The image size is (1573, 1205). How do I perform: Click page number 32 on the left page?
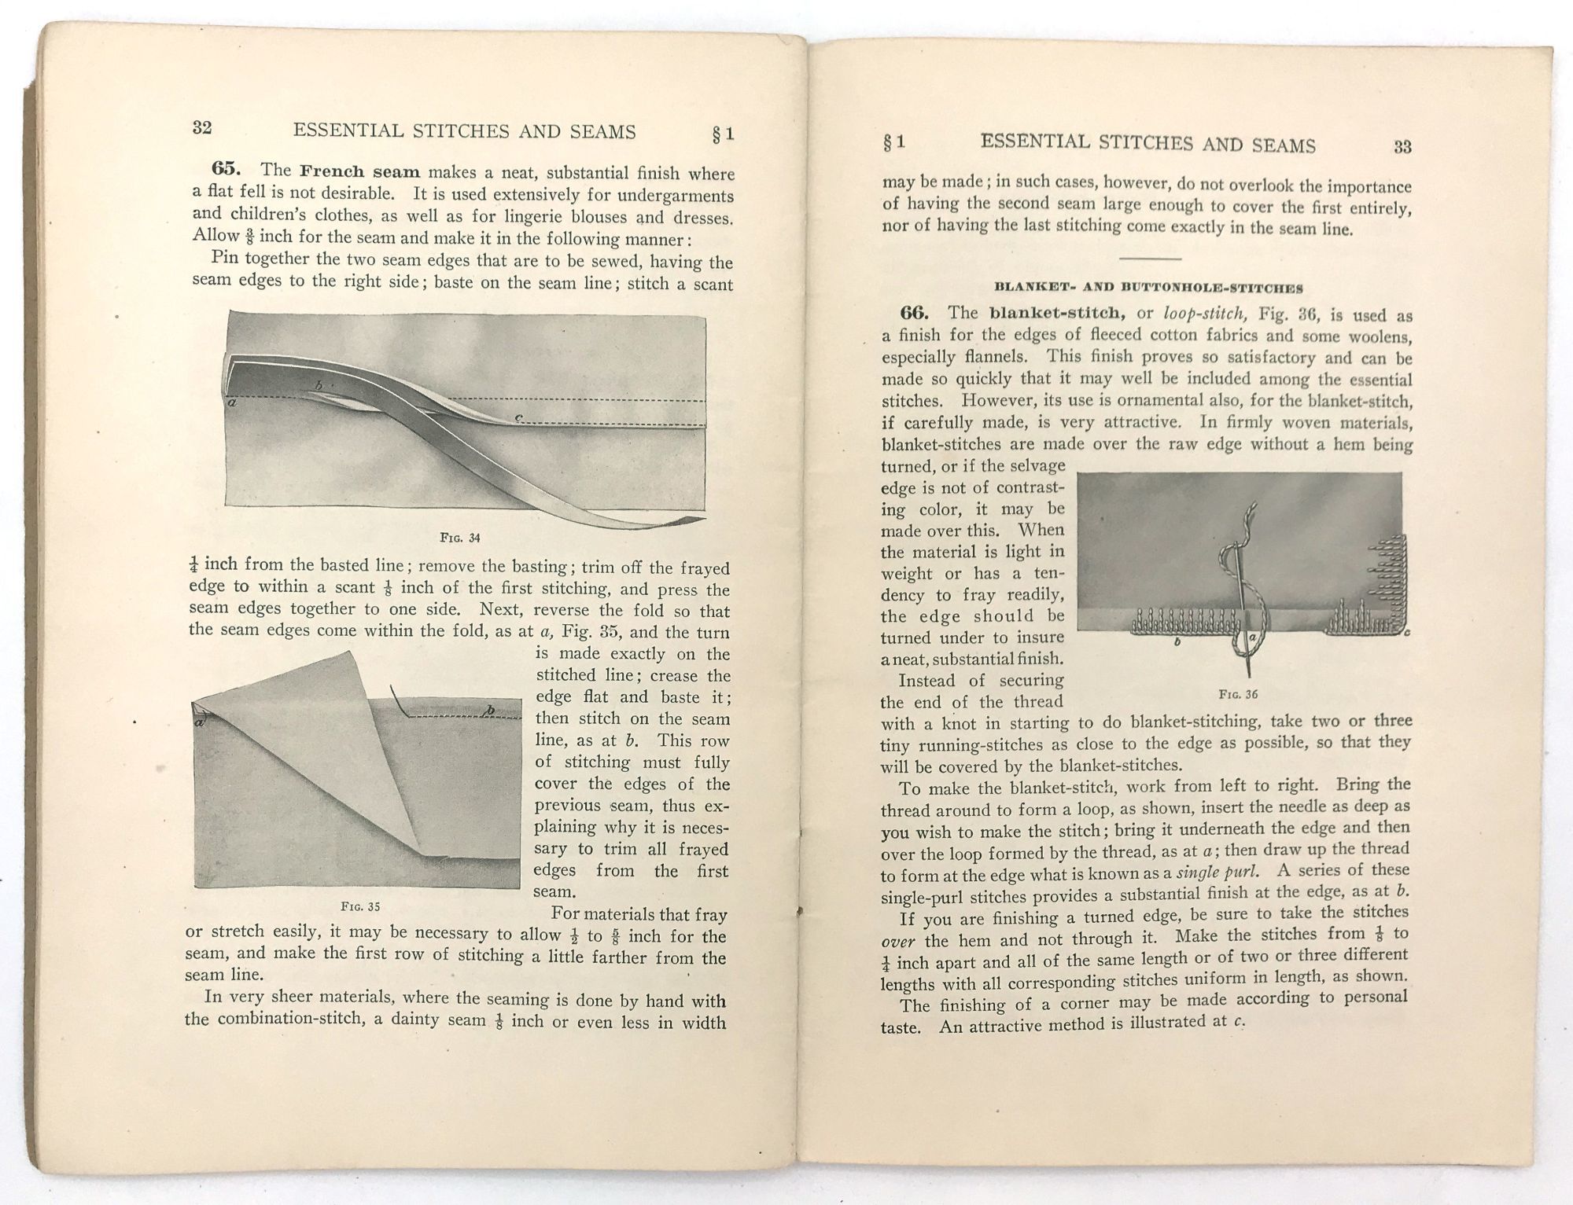[202, 128]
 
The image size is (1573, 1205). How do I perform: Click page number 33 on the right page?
[1402, 147]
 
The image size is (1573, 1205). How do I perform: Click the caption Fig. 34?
[460, 538]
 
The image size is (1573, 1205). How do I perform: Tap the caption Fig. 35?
[360, 906]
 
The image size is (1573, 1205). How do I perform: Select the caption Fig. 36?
[1238, 695]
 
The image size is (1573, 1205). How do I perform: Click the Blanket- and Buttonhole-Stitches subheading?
[1148, 287]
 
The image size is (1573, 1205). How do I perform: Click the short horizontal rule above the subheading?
[1149, 259]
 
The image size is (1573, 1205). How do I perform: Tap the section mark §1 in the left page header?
[723, 134]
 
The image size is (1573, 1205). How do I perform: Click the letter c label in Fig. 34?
[518, 417]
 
